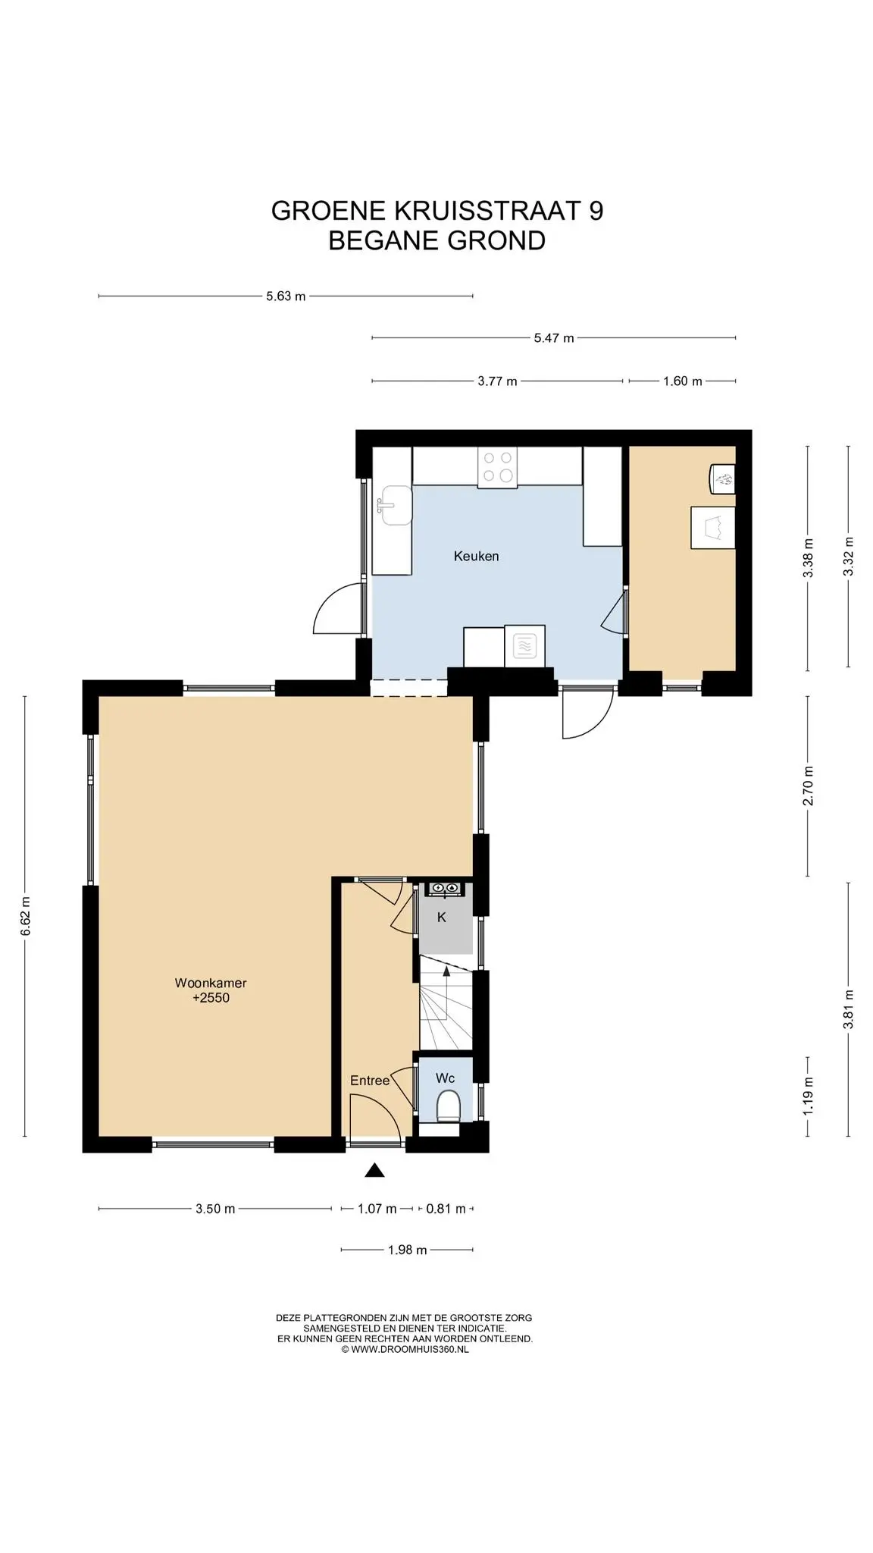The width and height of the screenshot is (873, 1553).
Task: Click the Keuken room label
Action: point(476,556)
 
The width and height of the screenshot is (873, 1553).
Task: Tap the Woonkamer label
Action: point(211,983)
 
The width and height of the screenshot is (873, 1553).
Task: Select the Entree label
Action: point(370,1081)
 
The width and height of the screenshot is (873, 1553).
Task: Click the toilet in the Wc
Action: point(449,1106)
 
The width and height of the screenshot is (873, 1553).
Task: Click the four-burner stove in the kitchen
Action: point(496,466)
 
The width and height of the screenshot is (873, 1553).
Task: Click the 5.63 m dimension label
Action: point(286,296)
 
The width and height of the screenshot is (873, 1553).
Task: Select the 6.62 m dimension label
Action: point(25,916)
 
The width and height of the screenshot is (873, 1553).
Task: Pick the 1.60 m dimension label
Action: point(682,381)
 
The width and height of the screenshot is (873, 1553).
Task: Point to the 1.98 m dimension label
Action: point(407,1250)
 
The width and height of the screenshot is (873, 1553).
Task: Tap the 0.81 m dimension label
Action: point(446,1209)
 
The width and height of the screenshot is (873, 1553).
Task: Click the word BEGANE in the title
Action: point(383,240)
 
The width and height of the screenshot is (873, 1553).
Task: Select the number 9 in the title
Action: point(596,210)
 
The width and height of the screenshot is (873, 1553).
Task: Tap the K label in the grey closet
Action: point(442,918)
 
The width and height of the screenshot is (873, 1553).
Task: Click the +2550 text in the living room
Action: point(211,998)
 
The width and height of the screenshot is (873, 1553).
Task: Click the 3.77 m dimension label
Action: point(497,381)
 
